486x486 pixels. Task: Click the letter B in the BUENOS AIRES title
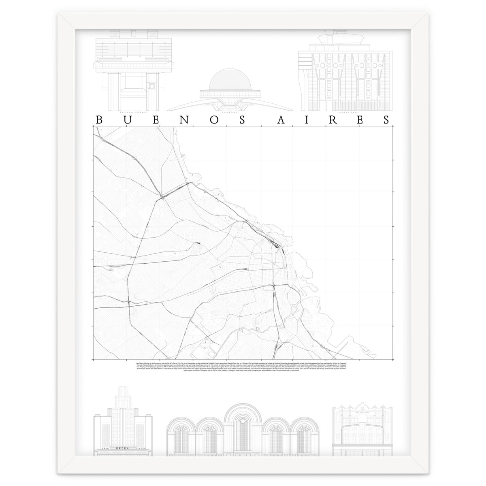click(98, 120)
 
